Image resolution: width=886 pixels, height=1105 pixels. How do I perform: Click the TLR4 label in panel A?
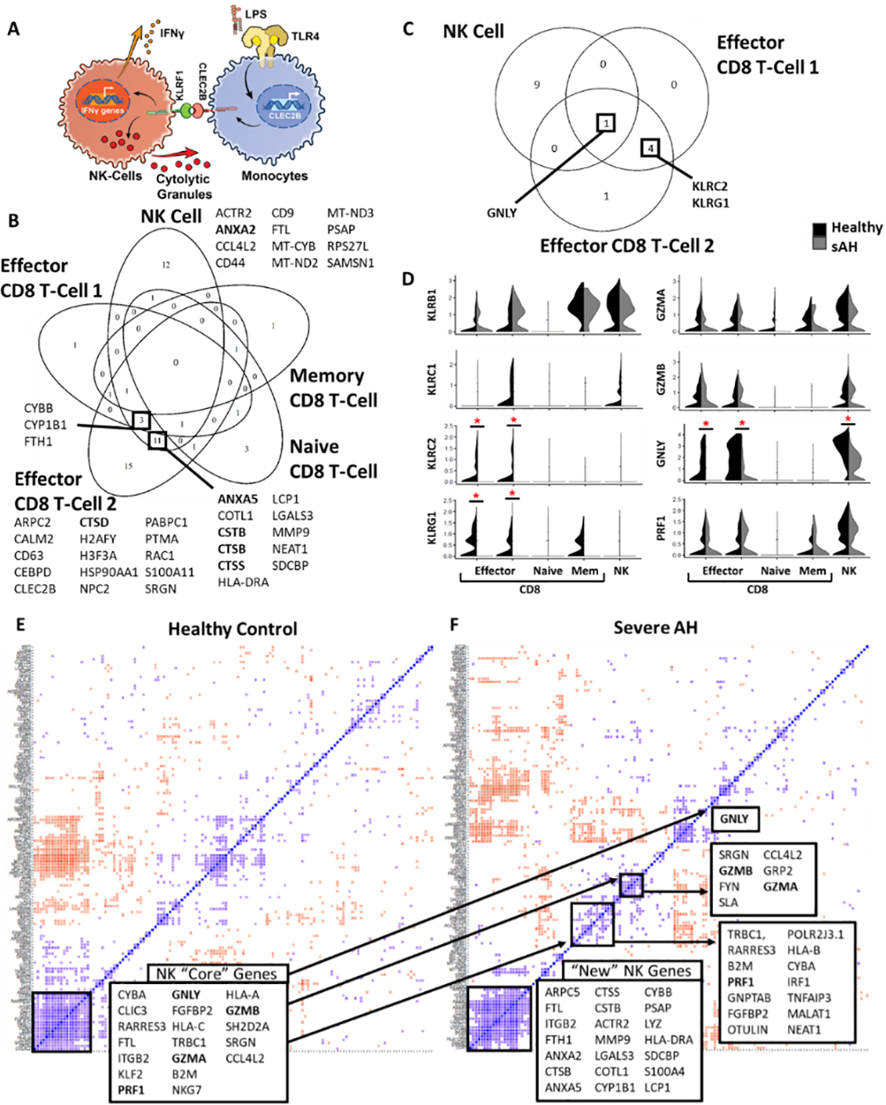point(305,36)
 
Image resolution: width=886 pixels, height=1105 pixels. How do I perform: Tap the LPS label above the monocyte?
point(256,14)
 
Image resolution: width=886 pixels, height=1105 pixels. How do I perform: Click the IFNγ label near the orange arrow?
point(172,33)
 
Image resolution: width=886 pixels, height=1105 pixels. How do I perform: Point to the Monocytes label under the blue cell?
point(274,175)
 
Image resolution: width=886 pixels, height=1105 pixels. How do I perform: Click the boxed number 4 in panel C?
point(650,148)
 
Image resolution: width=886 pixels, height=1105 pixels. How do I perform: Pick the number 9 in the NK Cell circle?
point(536,85)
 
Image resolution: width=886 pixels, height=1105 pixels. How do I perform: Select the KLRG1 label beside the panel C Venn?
point(711,203)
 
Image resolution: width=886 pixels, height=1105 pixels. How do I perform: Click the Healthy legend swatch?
point(819,228)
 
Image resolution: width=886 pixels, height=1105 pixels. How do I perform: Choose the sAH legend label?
point(845,246)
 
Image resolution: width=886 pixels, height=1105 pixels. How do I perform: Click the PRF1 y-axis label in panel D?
point(661,527)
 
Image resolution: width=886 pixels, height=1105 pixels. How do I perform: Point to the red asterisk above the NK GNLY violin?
point(848,419)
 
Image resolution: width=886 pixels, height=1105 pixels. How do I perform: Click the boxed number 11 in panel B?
point(158,441)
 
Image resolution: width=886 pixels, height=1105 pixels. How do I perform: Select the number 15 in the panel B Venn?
point(128,466)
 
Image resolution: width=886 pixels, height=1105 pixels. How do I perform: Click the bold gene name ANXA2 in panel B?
point(236,229)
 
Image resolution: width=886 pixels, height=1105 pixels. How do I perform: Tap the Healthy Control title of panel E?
point(233,628)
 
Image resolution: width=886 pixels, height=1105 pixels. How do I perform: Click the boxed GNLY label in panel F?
point(734,818)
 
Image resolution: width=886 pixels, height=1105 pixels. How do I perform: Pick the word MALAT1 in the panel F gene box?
point(809,1014)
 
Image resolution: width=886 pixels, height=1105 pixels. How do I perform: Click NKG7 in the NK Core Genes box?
point(186,1090)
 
